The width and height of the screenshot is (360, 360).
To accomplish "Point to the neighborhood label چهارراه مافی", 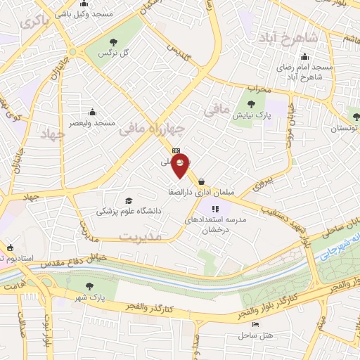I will click(152, 128).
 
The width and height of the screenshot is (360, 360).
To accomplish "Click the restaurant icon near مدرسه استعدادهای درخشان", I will click(216, 208).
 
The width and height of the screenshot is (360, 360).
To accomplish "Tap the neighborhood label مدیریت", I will click(140, 236).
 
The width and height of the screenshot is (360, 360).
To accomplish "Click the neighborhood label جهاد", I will click(52, 134).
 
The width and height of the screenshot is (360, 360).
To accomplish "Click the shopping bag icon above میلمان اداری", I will click(202, 181).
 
